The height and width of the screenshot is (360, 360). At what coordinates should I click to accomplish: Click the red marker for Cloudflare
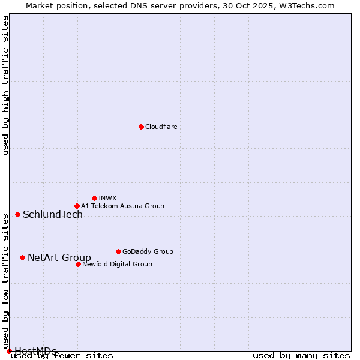(x=141, y=127)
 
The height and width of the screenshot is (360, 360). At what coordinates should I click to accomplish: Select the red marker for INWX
(x=94, y=198)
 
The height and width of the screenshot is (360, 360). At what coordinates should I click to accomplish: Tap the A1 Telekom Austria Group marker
(x=77, y=206)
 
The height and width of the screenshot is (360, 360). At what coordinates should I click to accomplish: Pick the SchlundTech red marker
(x=17, y=214)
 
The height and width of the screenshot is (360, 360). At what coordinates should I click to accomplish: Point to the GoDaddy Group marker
(x=118, y=251)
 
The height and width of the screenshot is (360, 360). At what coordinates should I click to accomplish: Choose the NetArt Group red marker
(x=22, y=257)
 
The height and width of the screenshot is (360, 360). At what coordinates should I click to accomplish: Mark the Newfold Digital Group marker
(x=78, y=264)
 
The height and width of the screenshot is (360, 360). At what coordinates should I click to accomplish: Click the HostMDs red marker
(x=9, y=351)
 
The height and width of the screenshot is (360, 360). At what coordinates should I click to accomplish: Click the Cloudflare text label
(x=161, y=127)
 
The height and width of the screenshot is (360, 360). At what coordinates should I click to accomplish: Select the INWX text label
(x=107, y=198)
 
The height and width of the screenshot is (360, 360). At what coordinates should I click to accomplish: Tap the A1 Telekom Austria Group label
(x=122, y=206)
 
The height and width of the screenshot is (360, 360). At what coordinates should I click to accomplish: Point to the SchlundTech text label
(x=53, y=215)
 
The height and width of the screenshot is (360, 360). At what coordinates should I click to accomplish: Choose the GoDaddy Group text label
(x=148, y=251)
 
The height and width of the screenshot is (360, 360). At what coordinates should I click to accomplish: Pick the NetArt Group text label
(x=59, y=258)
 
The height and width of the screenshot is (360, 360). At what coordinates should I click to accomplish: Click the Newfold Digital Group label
(x=117, y=264)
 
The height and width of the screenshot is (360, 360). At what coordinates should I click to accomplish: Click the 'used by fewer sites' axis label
(x=62, y=356)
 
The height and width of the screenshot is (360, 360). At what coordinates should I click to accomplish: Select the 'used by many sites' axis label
(x=301, y=356)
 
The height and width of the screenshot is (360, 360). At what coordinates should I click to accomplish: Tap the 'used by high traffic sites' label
(x=5, y=85)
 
